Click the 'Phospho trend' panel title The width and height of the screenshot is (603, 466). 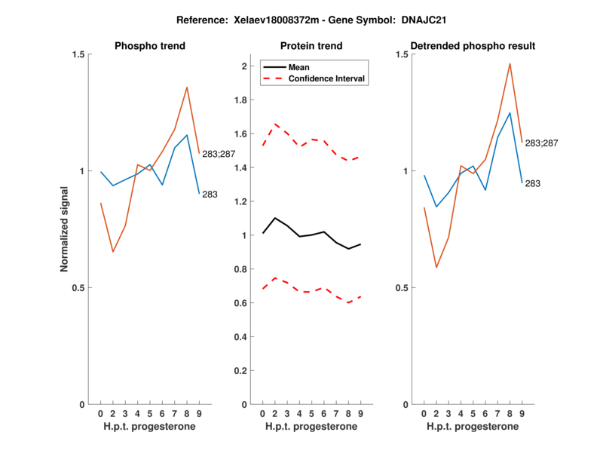point(149,46)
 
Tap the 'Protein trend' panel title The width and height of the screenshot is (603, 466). point(311,46)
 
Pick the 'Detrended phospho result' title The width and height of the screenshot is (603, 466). point(471,46)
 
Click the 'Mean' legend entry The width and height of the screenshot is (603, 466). point(299,67)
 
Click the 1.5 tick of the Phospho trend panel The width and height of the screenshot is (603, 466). point(75,54)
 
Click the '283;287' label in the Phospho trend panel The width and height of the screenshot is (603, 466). point(219,155)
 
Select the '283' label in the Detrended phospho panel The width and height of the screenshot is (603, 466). point(534,183)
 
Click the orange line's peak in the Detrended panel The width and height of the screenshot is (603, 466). point(510,63)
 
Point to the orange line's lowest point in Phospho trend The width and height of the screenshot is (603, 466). point(112,252)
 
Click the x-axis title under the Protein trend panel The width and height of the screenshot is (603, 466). point(311,427)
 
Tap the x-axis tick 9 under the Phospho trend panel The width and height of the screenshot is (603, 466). point(198,413)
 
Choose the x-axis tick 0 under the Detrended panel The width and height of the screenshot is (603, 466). point(424,413)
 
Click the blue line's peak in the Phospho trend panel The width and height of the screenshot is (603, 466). point(187,135)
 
